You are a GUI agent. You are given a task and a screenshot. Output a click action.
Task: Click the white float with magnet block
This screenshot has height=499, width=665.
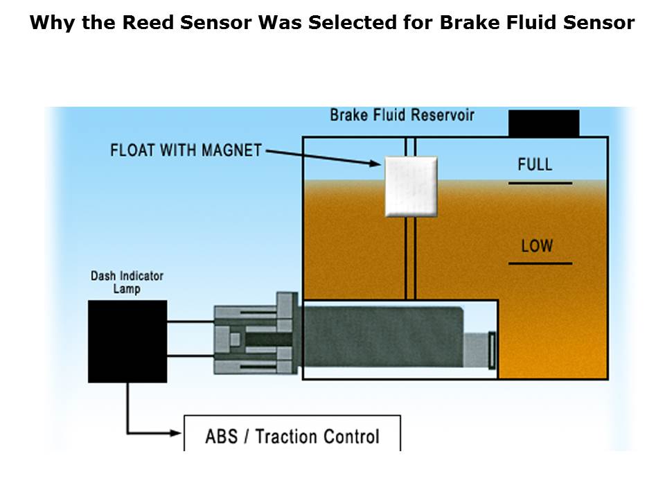(x=411, y=185)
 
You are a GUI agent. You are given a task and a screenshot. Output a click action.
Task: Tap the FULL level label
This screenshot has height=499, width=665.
(x=535, y=164)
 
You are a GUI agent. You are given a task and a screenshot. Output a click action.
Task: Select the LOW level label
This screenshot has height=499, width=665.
(x=537, y=245)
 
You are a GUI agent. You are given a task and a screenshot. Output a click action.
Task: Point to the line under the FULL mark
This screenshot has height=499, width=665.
(x=540, y=183)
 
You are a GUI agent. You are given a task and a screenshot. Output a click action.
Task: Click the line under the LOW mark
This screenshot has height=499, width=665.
(x=540, y=263)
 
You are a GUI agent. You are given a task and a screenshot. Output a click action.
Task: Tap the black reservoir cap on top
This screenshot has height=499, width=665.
(x=544, y=123)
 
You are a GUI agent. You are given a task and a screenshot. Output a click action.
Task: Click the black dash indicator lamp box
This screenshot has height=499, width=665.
(x=127, y=341)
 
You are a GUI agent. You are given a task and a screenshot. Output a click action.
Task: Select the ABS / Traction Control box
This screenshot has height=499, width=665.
(x=292, y=435)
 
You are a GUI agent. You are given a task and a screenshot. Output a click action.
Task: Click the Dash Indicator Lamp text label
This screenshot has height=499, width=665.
(x=127, y=282)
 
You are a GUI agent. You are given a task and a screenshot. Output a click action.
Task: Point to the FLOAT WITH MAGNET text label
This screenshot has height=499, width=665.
(x=186, y=150)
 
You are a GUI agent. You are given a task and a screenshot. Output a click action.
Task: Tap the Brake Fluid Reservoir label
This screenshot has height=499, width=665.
(x=402, y=114)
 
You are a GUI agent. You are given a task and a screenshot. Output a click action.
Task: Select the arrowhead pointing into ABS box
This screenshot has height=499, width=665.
(x=176, y=434)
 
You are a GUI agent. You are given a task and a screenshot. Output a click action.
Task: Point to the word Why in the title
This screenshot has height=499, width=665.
(x=49, y=23)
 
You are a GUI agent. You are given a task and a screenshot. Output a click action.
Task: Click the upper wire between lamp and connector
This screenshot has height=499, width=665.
(x=190, y=322)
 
